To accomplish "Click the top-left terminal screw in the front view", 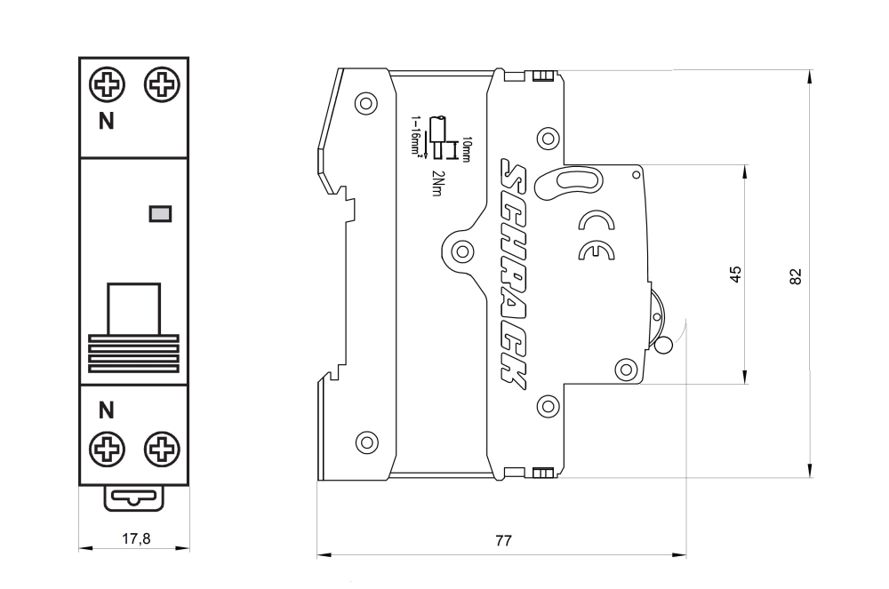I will tap(107, 85).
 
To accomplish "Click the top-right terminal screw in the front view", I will tap(161, 85).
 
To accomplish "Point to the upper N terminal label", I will tap(105, 123).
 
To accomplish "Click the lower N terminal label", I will tap(105, 410).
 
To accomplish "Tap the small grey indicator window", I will tap(161, 213).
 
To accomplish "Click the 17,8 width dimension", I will tap(134, 537).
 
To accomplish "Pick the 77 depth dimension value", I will tap(503, 541).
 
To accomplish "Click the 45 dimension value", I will tap(735, 275).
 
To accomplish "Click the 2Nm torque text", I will tap(436, 182).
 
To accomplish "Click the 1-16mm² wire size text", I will tap(415, 135).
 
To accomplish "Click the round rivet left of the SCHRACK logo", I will tap(461, 251).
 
